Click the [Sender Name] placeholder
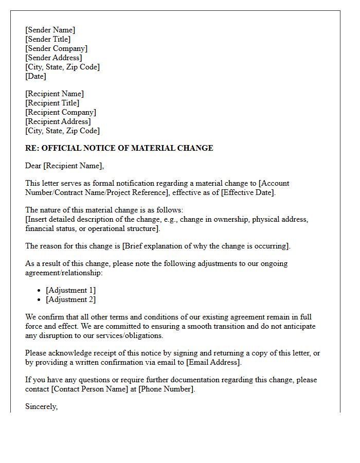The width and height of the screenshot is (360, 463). coord(50,30)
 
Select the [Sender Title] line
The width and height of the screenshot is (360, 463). coord(48,39)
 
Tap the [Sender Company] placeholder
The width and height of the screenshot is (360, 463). coord(56,48)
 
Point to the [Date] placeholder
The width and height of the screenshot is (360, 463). coord(35,76)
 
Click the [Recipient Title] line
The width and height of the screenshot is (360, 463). coord(52,103)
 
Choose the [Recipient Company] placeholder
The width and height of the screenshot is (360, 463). coord(60,112)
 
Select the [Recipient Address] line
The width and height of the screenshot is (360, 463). coord(58,121)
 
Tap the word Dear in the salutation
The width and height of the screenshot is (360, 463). coord(33,166)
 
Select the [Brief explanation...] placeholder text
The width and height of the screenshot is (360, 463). coord(205,246)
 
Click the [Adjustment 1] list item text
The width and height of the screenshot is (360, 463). coord(70,290)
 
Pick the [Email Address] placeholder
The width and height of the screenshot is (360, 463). coord(213,362)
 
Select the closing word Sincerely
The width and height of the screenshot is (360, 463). coord(41,406)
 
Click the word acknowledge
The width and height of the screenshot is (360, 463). coord(69,353)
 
